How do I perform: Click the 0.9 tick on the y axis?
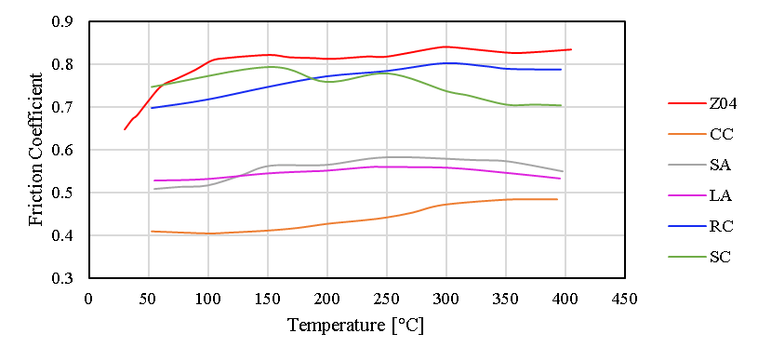pos(66,21)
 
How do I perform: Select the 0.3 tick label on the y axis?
pos(66,278)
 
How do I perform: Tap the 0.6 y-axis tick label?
pos(66,150)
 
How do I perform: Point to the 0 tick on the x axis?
pos(88,298)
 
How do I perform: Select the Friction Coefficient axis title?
pos(35,150)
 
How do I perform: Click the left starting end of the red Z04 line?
pos(125,129)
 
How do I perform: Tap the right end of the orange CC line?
pos(557,199)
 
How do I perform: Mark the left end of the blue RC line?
pos(152,108)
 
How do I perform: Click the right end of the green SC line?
pos(561,105)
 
